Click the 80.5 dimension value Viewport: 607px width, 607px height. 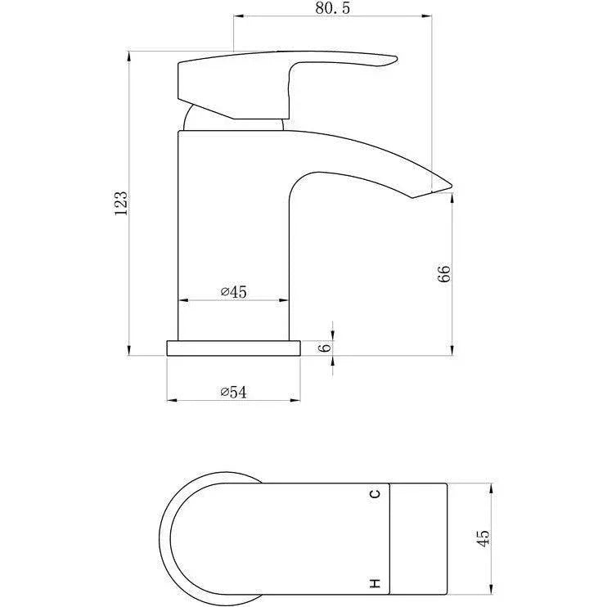pos(332,8)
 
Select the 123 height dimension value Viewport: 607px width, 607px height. pos(121,203)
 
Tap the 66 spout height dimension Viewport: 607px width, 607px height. pos(445,274)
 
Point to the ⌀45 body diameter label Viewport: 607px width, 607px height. pos(233,291)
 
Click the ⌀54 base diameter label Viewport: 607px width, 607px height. pos(233,392)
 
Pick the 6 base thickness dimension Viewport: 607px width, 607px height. pos(326,347)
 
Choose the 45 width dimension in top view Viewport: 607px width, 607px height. pos(483,538)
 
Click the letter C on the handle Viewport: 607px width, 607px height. pos(375,494)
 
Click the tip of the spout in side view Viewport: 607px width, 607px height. pos(452,186)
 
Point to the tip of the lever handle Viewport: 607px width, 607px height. pos(397,58)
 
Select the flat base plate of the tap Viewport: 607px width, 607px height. pos(233,348)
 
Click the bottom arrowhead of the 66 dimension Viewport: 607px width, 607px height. pos(452,350)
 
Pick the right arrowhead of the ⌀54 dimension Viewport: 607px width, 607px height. pos(295,400)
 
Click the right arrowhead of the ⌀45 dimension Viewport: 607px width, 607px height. pos(283,299)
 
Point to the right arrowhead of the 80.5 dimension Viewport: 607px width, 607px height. pos(426,16)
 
